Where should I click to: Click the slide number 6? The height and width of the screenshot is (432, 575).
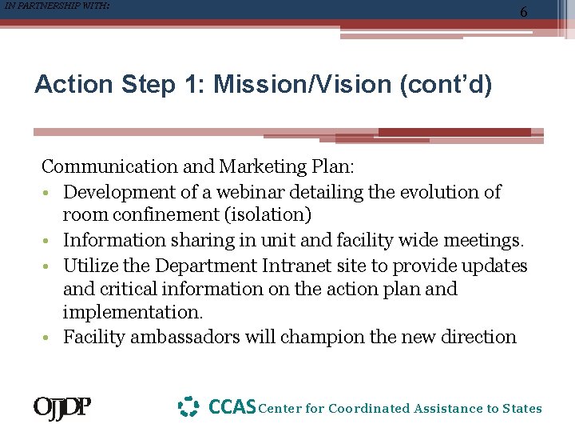(523, 12)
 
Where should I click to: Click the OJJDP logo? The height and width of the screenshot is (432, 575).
(61, 408)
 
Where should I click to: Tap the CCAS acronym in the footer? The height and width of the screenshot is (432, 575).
(232, 407)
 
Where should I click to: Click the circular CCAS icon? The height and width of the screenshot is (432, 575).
(188, 407)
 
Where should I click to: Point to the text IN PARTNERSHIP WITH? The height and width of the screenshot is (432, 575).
(55, 6)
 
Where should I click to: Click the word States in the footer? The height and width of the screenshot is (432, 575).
(522, 409)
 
